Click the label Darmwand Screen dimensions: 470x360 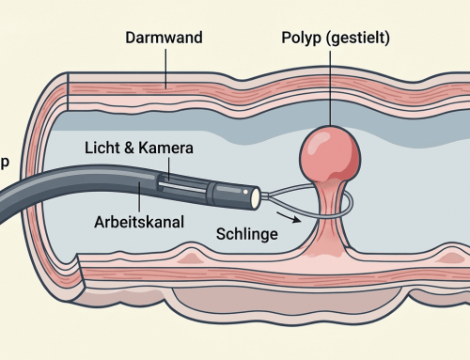point(164,38)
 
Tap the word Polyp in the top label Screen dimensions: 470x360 point(302,39)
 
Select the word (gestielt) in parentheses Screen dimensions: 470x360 point(358,39)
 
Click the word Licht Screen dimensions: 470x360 point(102,148)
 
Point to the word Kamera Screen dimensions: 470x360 point(165,148)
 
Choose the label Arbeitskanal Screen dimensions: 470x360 point(139,222)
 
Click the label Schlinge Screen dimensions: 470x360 point(247,234)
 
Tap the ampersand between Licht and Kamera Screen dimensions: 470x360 point(129,148)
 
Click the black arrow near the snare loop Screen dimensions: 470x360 point(289,217)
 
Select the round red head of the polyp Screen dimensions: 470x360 point(330,154)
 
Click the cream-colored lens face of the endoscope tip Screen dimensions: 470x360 point(256,197)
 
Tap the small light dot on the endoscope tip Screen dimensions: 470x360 point(245,192)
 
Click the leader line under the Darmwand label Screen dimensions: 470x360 point(166,69)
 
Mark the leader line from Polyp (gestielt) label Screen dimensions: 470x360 point(330,88)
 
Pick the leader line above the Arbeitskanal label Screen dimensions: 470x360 point(139,196)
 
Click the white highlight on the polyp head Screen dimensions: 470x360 point(314,144)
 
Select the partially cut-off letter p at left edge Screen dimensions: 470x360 point(5,163)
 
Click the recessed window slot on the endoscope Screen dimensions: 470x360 point(182,186)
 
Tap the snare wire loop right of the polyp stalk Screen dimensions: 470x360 point(351,204)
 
